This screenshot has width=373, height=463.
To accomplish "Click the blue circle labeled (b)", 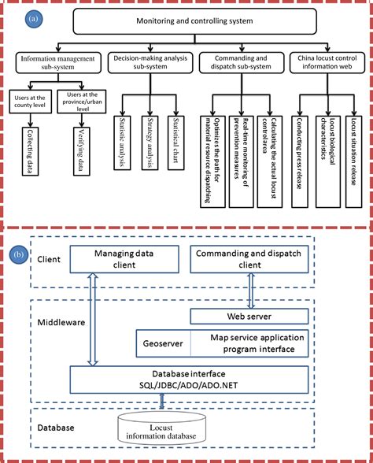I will pos(21,255).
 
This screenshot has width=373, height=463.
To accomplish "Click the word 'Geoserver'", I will pos(163,344).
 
